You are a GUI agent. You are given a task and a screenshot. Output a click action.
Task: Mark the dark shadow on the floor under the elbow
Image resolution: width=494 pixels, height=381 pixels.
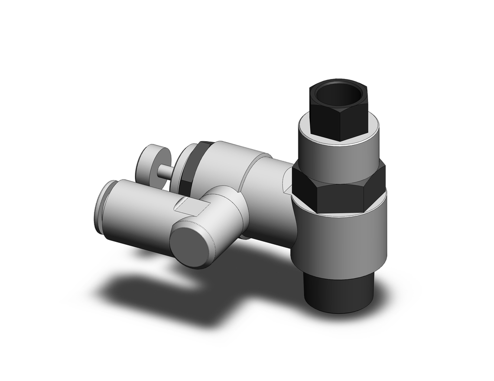point(163,291)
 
